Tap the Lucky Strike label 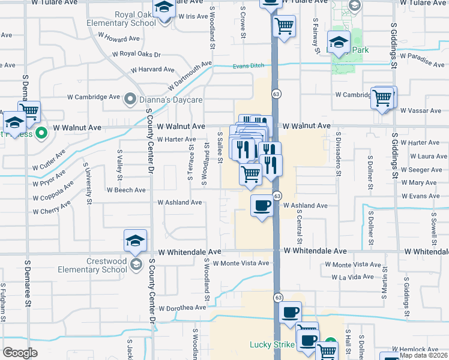pyautogui.click(x=271, y=345)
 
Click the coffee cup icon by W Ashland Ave pyautogui.click(x=261, y=205)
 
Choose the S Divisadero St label pyautogui.click(x=339, y=155)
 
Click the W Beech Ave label pyautogui.click(x=126, y=190)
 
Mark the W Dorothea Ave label pyautogui.click(x=182, y=308)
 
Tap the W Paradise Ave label pyautogui.click(x=424, y=61)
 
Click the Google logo pyautogui.click(x=20, y=353)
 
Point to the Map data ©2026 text pyautogui.click(x=423, y=355)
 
